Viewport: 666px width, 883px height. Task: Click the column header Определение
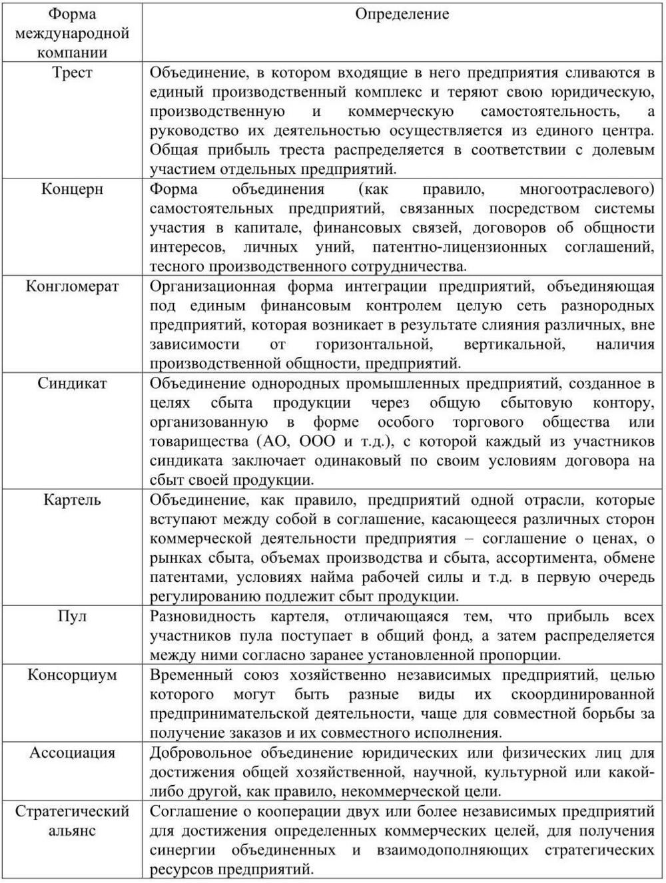pyautogui.click(x=402, y=14)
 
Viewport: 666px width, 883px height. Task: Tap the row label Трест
pyautogui.click(x=72, y=73)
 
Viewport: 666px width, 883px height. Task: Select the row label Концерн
pyautogui.click(x=72, y=189)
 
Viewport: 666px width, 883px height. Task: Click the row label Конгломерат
pyautogui.click(x=72, y=286)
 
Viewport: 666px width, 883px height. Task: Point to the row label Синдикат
pyautogui.click(x=72, y=384)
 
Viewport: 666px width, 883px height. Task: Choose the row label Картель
pyautogui.click(x=72, y=500)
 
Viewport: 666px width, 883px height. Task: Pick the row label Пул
pyautogui.click(x=72, y=617)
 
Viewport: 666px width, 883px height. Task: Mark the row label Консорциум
pyautogui.click(x=72, y=675)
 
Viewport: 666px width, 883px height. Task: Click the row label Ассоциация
pyautogui.click(x=72, y=753)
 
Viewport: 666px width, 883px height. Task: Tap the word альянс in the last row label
pyautogui.click(x=72, y=831)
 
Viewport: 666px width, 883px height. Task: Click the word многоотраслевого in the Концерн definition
pyautogui.click(x=586, y=189)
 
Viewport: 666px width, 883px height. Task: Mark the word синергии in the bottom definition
pyautogui.click(x=181, y=850)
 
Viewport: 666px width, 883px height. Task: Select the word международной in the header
pyautogui.click(x=72, y=33)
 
